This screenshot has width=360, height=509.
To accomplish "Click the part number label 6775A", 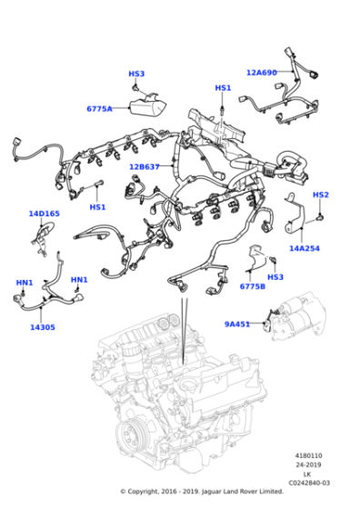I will pyautogui.click(x=99, y=109).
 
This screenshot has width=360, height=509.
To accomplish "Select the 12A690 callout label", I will pyautogui.click(x=263, y=72).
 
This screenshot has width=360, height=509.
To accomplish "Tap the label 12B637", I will pyautogui.click(x=145, y=166).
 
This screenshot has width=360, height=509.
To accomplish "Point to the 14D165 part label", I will pyautogui.click(x=44, y=215).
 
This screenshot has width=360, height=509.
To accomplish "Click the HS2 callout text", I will pyautogui.click(x=321, y=195).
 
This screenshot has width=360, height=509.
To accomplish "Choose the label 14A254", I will pyautogui.click(x=305, y=247).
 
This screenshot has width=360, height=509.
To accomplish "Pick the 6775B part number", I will pyautogui.click(x=253, y=286).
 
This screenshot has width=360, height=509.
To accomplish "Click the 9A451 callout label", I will pyautogui.click(x=238, y=323).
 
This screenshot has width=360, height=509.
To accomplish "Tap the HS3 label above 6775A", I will pyautogui.click(x=136, y=74).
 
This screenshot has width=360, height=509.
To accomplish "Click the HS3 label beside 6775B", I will pyautogui.click(x=275, y=276).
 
